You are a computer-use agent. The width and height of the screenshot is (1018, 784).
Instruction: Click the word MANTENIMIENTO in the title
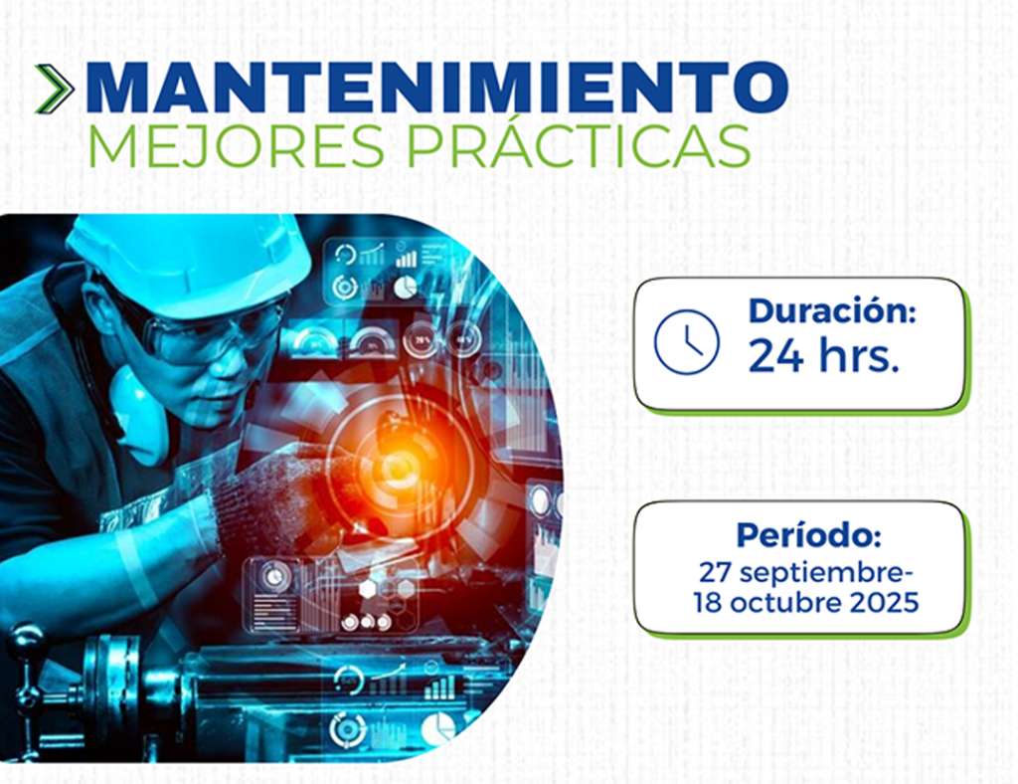point(437,88)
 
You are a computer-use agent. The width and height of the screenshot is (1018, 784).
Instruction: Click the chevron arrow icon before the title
point(55,89)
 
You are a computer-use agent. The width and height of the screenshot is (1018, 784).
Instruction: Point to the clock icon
point(686,341)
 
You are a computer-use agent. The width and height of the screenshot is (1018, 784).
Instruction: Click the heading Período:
point(808,534)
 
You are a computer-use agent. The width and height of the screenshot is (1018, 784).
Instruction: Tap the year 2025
point(884,603)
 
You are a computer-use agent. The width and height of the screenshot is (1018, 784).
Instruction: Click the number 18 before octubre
point(708,603)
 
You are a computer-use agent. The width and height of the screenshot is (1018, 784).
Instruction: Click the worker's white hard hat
point(188,263)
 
